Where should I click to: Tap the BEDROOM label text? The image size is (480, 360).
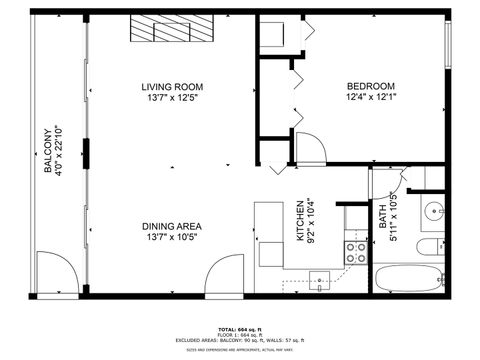click(371, 86)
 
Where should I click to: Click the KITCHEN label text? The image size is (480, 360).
click(299, 218)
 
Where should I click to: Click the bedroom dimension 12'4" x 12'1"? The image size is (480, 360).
click(371, 97)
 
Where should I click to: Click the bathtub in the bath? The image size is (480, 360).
click(407, 278)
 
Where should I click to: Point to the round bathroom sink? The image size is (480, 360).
click(433, 211)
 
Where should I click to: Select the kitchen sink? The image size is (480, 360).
click(319, 279)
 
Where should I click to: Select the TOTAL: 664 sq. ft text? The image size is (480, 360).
click(240, 329)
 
